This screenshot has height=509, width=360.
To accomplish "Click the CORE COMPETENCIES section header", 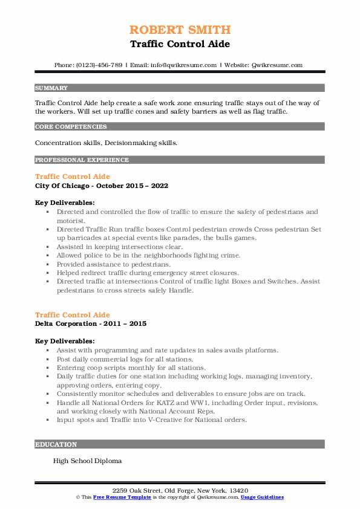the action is [x=71, y=127].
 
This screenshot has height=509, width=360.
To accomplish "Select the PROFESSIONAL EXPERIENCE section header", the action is [x=82, y=160].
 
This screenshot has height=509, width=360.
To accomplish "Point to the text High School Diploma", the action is [x=87, y=461].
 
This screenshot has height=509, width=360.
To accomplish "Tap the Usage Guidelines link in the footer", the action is [x=262, y=497].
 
